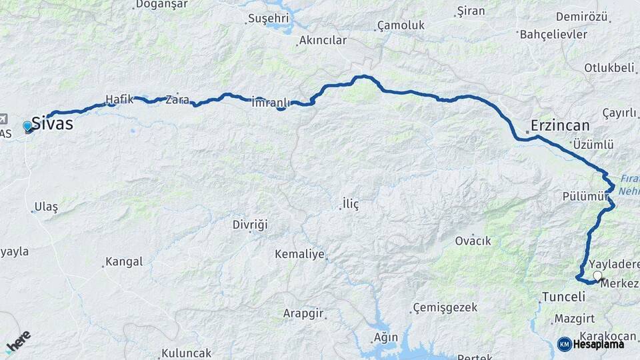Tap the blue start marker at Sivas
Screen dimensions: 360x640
click(x=27, y=125)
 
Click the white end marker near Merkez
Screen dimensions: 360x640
click(x=597, y=275)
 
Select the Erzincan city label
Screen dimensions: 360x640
click(x=560, y=125)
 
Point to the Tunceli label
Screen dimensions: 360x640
click(x=563, y=297)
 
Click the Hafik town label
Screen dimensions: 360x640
click(x=119, y=101)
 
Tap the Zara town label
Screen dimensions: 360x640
click(x=177, y=100)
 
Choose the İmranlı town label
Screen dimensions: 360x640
click(x=271, y=103)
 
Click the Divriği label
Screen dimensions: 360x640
click(x=250, y=225)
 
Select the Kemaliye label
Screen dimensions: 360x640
click(x=299, y=254)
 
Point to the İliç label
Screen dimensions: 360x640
click(x=350, y=204)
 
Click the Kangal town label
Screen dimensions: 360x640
click(x=124, y=262)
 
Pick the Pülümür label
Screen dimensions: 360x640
click(x=585, y=196)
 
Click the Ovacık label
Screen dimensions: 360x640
click(x=473, y=241)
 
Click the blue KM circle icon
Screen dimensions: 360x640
click(x=564, y=344)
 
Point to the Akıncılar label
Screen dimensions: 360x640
click(x=323, y=41)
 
